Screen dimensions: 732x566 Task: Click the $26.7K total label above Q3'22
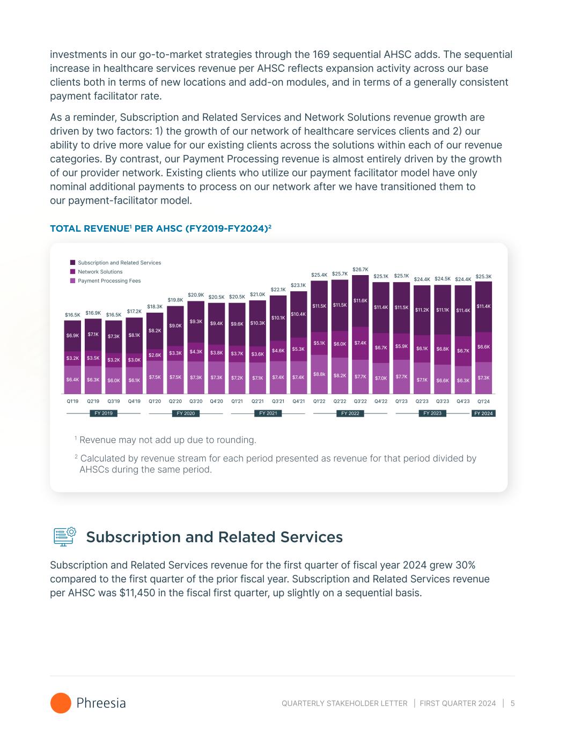[360, 269]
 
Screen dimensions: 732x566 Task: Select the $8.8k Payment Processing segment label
[319, 374]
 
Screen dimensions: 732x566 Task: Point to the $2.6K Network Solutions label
[155, 355]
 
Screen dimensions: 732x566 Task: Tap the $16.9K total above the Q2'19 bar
[93, 313]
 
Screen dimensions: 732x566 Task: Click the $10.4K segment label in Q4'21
[298, 314]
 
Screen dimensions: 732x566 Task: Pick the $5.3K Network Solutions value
[298, 349]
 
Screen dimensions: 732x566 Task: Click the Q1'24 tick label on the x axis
[483, 401]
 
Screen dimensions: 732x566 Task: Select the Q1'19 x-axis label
[72, 401]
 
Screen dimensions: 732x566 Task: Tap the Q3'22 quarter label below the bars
[360, 401]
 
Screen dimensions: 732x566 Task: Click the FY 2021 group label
[268, 413]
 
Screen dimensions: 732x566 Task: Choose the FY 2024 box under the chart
[483, 413]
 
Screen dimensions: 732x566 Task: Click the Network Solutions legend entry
[100, 272]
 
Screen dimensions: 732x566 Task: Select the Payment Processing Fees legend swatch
[72, 281]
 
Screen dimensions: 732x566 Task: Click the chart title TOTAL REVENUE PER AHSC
[160, 228]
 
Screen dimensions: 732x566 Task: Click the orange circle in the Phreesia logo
[61, 703]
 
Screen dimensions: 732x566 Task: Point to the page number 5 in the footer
[512, 704]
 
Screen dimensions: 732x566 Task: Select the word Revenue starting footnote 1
[97, 440]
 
